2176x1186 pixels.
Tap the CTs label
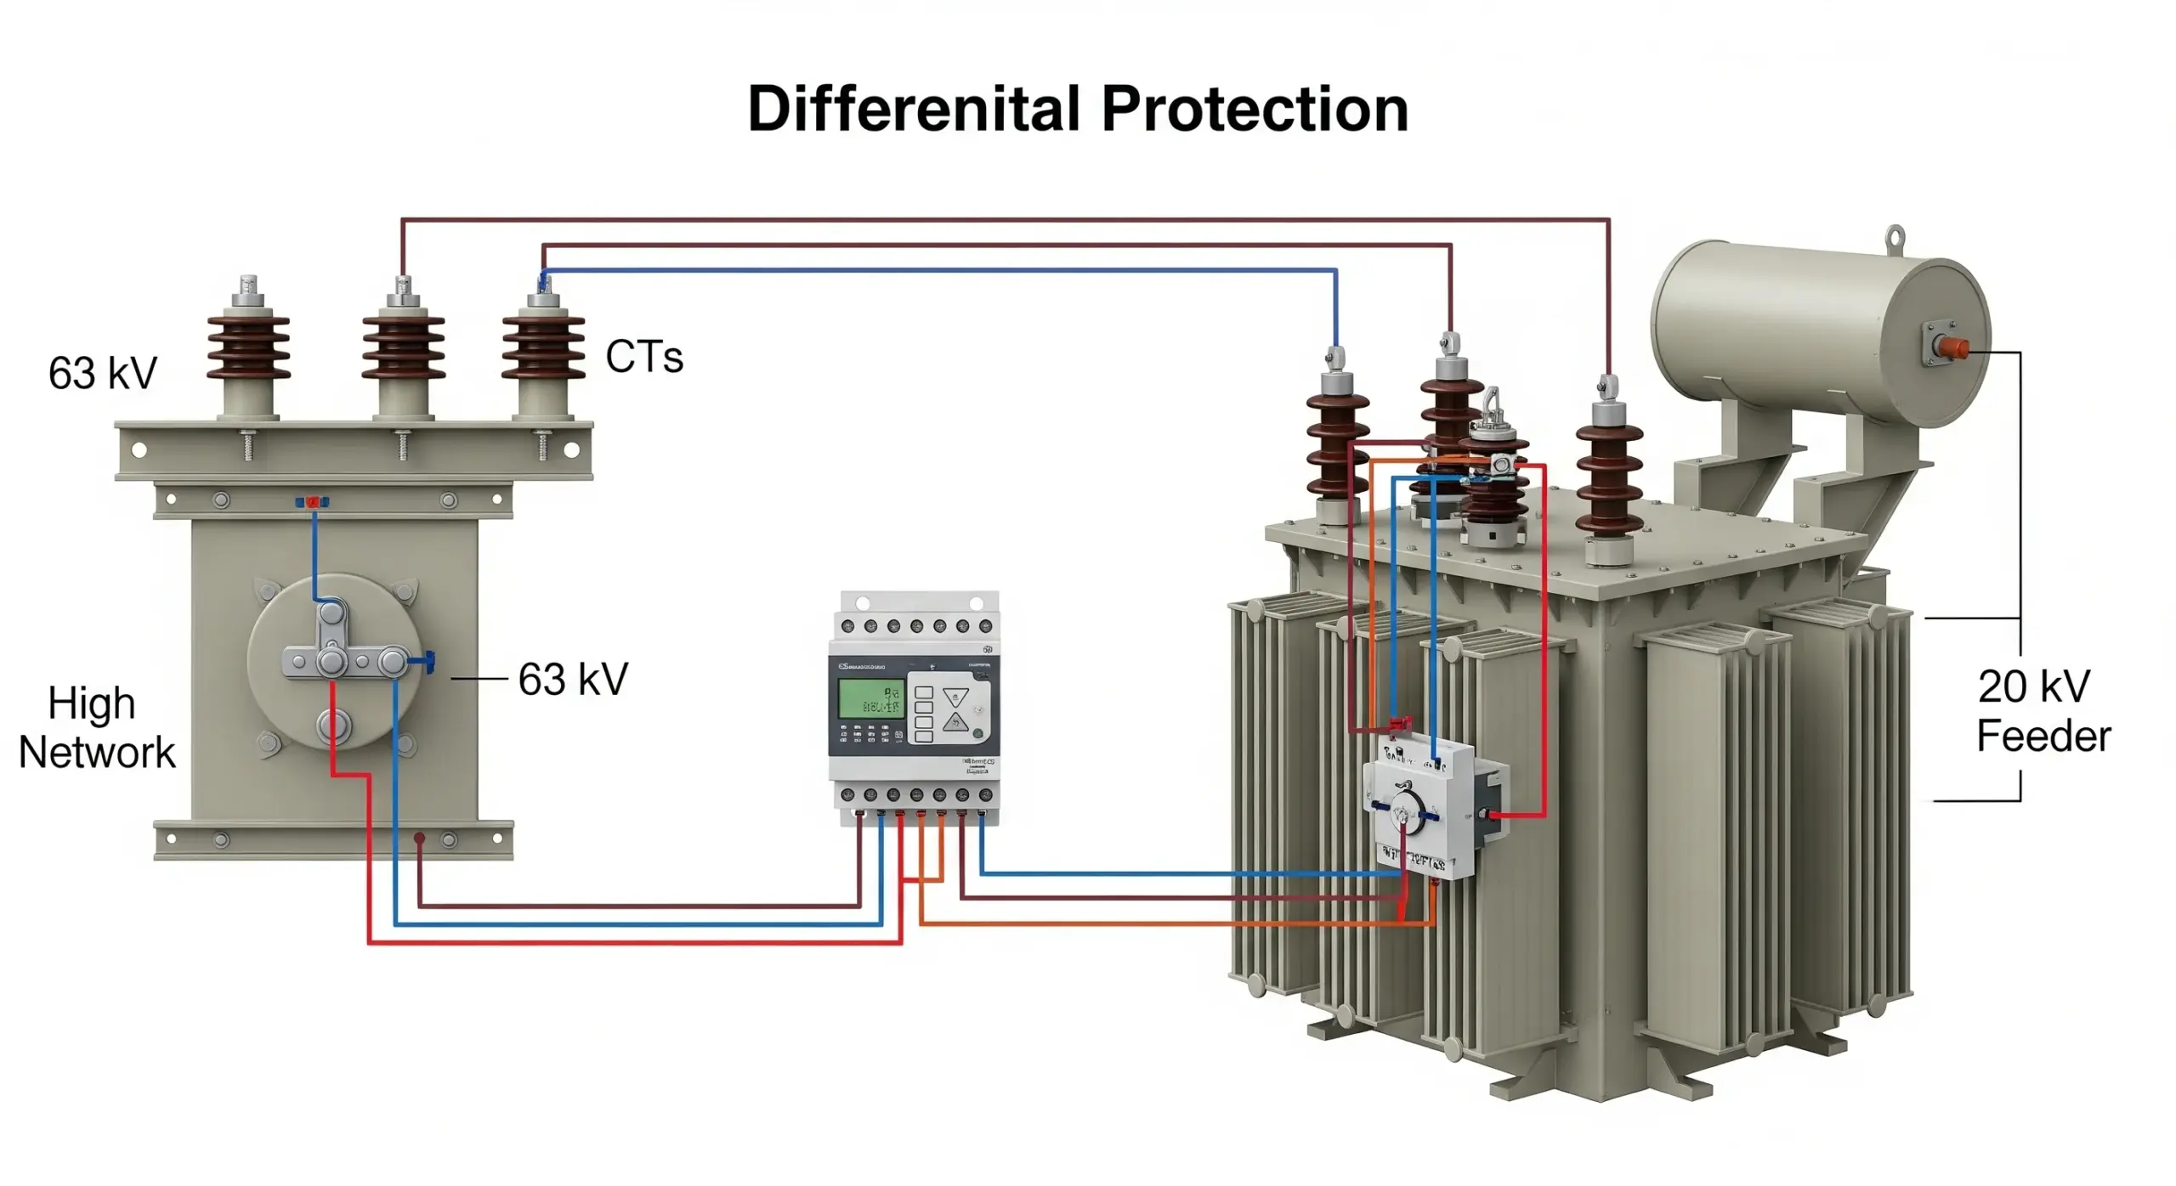click(643, 357)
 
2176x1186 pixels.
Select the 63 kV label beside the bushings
click(103, 373)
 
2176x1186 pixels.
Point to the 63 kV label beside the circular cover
click(573, 680)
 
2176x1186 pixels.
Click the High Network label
click(95, 728)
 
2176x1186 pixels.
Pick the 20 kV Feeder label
click(2042, 711)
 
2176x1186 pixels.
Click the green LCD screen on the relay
click(870, 698)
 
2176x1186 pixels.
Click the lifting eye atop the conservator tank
click(1895, 237)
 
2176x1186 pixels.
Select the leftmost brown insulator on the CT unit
click(248, 347)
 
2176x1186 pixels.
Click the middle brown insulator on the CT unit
click(403, 347)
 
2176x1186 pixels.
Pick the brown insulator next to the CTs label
click(543, 347)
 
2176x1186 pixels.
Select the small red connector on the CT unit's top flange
click(312, 502)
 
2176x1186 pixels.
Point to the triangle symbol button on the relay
click(955, 698)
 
